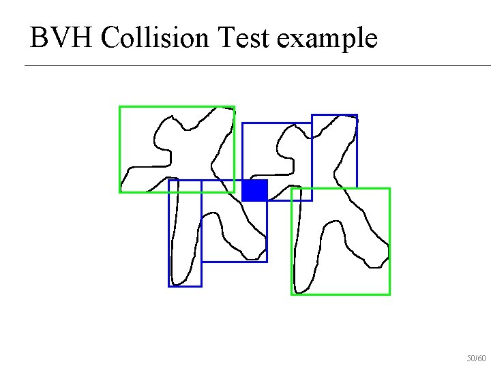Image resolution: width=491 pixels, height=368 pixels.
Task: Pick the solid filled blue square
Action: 254,191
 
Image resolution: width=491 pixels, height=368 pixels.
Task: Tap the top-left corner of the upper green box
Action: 120,107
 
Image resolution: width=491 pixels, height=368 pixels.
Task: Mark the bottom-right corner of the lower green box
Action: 389,294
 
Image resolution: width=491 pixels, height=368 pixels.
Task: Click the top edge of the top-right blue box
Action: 334,114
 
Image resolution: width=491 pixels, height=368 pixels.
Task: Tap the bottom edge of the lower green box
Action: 341,294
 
